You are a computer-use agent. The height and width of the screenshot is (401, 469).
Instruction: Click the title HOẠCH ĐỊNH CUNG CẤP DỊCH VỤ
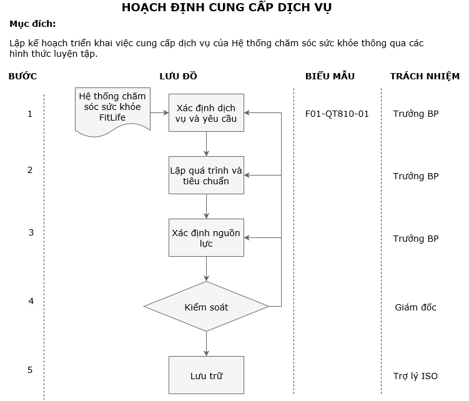coord(227,8)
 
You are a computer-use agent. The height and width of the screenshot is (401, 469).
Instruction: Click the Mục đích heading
coord(32,24)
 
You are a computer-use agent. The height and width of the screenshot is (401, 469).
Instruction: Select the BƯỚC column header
coord(22,76)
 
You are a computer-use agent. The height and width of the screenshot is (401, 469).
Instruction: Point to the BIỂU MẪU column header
coord(330,76)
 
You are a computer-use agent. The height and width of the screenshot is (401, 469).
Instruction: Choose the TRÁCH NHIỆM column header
coord(425,76)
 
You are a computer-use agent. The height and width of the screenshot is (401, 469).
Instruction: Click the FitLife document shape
coord(112,110)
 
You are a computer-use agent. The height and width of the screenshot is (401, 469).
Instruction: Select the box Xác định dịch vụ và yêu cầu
coord(206,112)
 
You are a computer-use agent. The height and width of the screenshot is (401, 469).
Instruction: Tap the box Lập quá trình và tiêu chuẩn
coord(206,175)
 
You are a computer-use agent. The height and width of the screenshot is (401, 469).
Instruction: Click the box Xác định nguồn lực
coord(206,237)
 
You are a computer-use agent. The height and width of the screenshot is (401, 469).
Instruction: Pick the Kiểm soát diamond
coord(206,307)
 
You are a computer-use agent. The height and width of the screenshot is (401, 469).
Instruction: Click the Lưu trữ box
coord(206,375)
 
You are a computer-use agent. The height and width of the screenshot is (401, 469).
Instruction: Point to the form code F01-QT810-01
coord(337,114)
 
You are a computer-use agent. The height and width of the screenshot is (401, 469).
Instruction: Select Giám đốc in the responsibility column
coord(415,307)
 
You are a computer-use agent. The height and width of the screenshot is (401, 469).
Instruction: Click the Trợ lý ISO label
coord(415,376)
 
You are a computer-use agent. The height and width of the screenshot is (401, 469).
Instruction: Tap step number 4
coord(31,301)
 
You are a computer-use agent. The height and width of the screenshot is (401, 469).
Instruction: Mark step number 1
coord(30,114)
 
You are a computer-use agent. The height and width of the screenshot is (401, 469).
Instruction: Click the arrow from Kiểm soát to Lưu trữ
coord(206,344)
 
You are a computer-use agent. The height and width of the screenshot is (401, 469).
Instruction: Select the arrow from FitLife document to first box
coord(159,112)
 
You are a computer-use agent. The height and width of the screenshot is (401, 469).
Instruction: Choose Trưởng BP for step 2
coord(415,176)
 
